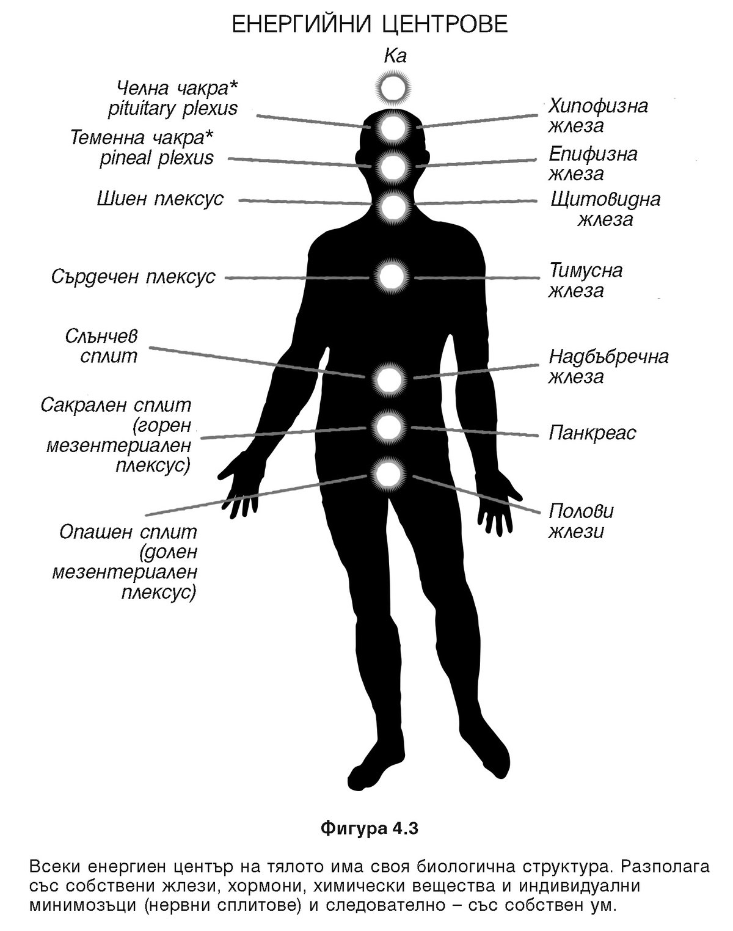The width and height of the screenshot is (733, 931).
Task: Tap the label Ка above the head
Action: [395, 57]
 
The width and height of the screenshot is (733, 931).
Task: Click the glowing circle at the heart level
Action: [392, 276]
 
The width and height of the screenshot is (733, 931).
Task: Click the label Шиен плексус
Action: [160, 199]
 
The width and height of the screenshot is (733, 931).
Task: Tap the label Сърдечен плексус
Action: [133, 276]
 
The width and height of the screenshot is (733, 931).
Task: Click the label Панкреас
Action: [592, 433]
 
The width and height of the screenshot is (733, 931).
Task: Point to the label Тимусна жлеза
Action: [585, 280]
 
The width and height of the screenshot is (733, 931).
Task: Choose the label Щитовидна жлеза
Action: [605, 209]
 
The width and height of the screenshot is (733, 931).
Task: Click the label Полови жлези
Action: [580, 521]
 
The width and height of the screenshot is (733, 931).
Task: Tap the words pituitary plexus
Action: [172, 109]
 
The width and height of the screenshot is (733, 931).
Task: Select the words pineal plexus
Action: [156, 158]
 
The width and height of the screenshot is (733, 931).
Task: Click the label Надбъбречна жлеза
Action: [608, 365]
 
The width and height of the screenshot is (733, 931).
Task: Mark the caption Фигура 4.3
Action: [369, 829]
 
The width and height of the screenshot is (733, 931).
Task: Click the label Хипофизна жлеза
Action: [597, 115]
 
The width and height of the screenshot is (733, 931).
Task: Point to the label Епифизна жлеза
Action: [593, 163]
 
